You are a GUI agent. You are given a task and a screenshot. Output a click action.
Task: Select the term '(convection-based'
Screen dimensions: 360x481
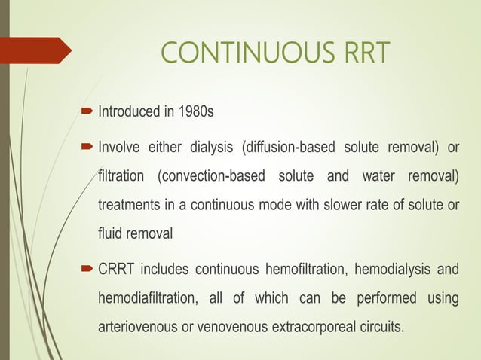coord(210,175)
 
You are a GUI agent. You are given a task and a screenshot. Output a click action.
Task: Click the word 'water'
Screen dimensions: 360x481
coord(366,175)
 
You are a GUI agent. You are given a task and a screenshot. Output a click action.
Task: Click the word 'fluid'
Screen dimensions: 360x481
coord(111,234)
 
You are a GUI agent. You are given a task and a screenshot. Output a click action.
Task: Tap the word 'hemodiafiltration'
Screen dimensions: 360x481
coord(149,299)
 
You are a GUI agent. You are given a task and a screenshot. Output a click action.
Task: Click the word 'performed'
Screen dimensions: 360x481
coord(383,299)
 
